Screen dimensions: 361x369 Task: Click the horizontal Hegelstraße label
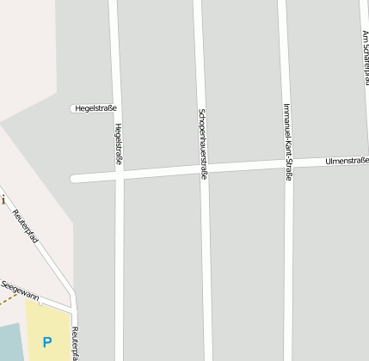[x=95, y=108]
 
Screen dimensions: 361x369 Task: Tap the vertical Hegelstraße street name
[x=118, y=144]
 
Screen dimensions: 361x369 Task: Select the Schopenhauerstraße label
[x=203, y=144]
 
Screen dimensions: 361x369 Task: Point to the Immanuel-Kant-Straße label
[x=287, y=142]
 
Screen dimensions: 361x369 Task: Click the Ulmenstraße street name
[x=347, y=161]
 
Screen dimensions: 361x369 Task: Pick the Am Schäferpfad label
[x=366, y=48]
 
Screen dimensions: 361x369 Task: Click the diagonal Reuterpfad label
[x=26, y=226]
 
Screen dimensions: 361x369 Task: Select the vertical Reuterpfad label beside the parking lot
[x=76, y=343]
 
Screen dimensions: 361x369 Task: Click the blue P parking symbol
[x=47, y=342]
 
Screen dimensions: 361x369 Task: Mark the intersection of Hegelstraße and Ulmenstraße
[x=120, y=176]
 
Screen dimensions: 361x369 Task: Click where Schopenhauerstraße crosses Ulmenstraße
[x=203, y=170]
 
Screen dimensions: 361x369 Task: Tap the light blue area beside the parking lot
[x=10, y=344]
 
